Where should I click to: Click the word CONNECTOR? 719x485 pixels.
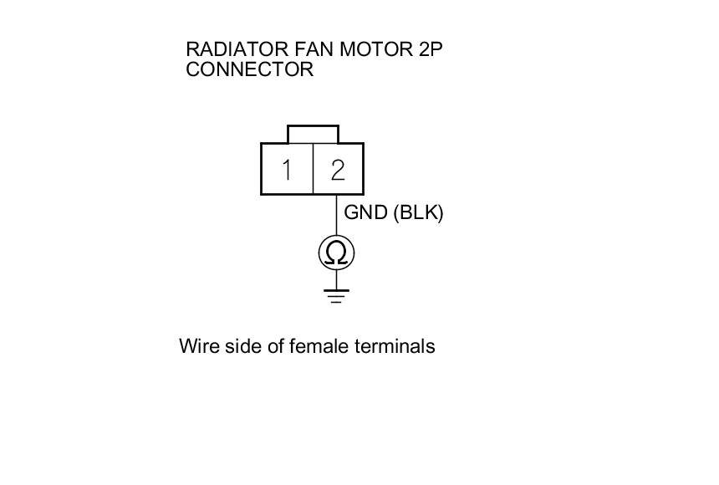coord(249,69)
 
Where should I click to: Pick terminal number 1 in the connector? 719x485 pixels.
coord(287,170)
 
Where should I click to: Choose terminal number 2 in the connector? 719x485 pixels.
coord(338,170)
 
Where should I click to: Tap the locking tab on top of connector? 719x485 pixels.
coord(313,134)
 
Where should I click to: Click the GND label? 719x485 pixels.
coord(365,212)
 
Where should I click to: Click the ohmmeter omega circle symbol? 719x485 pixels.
coord(337,253)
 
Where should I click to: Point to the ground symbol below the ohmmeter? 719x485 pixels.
coord(337,295)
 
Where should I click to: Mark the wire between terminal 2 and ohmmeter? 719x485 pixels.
coord(337,215)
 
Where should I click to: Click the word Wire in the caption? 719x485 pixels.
coord(197,346)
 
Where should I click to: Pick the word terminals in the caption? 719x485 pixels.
coord(395,346)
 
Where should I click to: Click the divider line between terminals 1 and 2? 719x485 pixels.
coord(313,170)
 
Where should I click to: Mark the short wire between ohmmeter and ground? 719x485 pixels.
coord(337,279)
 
